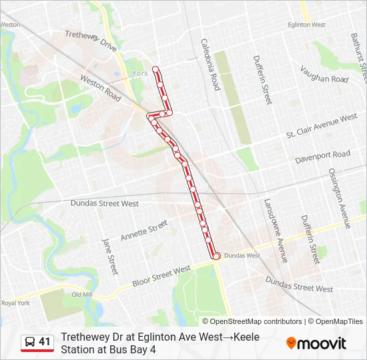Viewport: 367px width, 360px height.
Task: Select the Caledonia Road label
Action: point(210,64)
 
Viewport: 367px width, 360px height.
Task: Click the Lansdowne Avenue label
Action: point(274,230)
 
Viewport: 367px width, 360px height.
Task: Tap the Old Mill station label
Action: point(82,294)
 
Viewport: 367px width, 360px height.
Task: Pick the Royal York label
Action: point(15,303)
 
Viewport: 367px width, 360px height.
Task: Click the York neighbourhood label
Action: point(140,73)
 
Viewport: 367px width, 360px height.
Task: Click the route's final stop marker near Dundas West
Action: point(216,255)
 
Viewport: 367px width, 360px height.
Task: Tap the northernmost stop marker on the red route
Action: point(155,69)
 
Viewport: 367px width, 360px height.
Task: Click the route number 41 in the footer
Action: point(44,341)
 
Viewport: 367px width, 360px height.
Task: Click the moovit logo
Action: point(316,343)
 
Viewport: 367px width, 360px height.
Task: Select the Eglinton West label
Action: point(306,25)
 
